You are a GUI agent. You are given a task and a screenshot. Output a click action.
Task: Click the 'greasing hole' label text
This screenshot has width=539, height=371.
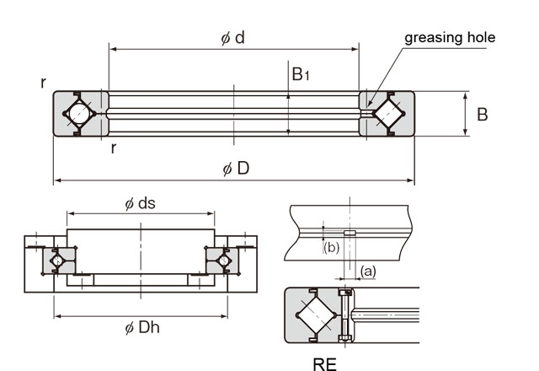pyautogui.click(x=450, y=37)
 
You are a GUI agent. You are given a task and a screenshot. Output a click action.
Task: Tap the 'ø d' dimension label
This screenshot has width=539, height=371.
pyautogui.click(x=233, y=38)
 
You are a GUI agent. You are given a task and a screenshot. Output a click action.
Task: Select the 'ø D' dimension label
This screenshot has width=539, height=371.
pyautogui.click(x=236, y=168)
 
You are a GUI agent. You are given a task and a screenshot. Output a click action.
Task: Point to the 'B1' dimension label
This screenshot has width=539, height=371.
pyautogui.click(x=301, y=75)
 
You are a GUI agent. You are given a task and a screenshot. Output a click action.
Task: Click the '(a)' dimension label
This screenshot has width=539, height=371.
pyautogui.click(x=368, y=270)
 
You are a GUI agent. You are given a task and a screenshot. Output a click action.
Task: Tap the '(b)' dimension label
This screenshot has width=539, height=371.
pyautogui.click(x=331, y=247)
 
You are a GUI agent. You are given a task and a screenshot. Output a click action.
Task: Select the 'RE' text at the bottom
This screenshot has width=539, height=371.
pyautogui.click(x=324, y=364)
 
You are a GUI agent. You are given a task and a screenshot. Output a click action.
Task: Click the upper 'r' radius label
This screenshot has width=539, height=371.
pyautogui.click(x=43, y=82)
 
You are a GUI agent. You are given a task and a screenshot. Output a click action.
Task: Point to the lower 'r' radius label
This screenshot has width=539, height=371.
pyautogui.click(x=113, y=148)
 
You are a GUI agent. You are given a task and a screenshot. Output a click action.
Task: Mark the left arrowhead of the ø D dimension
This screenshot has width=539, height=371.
pyautogui.click(x=57, y=180)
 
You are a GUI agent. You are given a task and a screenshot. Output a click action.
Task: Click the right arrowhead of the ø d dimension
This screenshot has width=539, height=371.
pyautogui.click(x=356, y=50)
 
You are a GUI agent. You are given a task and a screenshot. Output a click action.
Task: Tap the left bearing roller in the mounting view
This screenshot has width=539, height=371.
pyautogui.click(x=58, y=261)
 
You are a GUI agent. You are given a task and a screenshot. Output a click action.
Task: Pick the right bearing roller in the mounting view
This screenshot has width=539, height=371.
pyautogui.click(x=223, y=261)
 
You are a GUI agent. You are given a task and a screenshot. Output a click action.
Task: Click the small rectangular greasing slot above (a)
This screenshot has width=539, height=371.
pyautogui.click(x=350, y=234)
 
